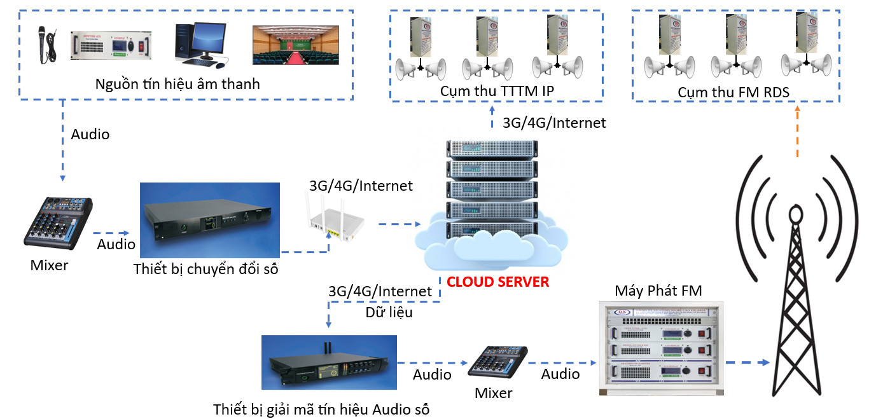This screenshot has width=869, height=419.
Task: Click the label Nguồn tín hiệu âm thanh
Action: tap(177, 85)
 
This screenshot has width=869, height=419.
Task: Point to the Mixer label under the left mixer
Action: tap(49, 265)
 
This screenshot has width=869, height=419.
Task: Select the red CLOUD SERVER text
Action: tap(497, 282)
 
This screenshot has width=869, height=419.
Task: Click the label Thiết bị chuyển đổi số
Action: tap(206, 269)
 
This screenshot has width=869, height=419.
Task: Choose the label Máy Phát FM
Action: tap(658, 291)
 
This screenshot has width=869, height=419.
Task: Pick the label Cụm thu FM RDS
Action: tap(733, 93)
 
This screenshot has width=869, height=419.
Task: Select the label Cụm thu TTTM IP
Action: tap(497, 92)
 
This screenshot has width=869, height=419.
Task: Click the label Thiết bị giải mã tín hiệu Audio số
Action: tap(321, 409)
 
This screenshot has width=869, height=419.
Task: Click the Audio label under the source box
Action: tap(90, 134)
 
